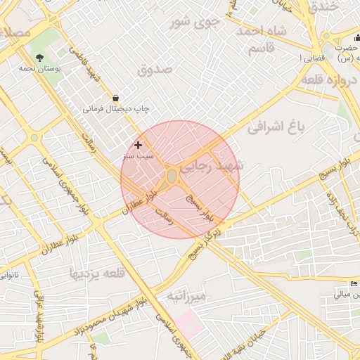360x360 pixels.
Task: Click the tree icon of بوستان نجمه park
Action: coord(39,58)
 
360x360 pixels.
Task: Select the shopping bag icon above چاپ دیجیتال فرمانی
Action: coord(115,98)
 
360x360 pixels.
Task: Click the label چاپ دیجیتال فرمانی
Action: coord(117,110)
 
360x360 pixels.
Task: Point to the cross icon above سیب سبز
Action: coord(138,144)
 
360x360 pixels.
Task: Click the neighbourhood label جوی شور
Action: coord(197,22)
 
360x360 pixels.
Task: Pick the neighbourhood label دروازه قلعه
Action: coord(331,81)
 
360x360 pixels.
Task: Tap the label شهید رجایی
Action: coord(210,167)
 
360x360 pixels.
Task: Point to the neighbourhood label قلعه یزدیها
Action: coord(98,272)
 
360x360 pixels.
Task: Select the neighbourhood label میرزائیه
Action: coord(186,297)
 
